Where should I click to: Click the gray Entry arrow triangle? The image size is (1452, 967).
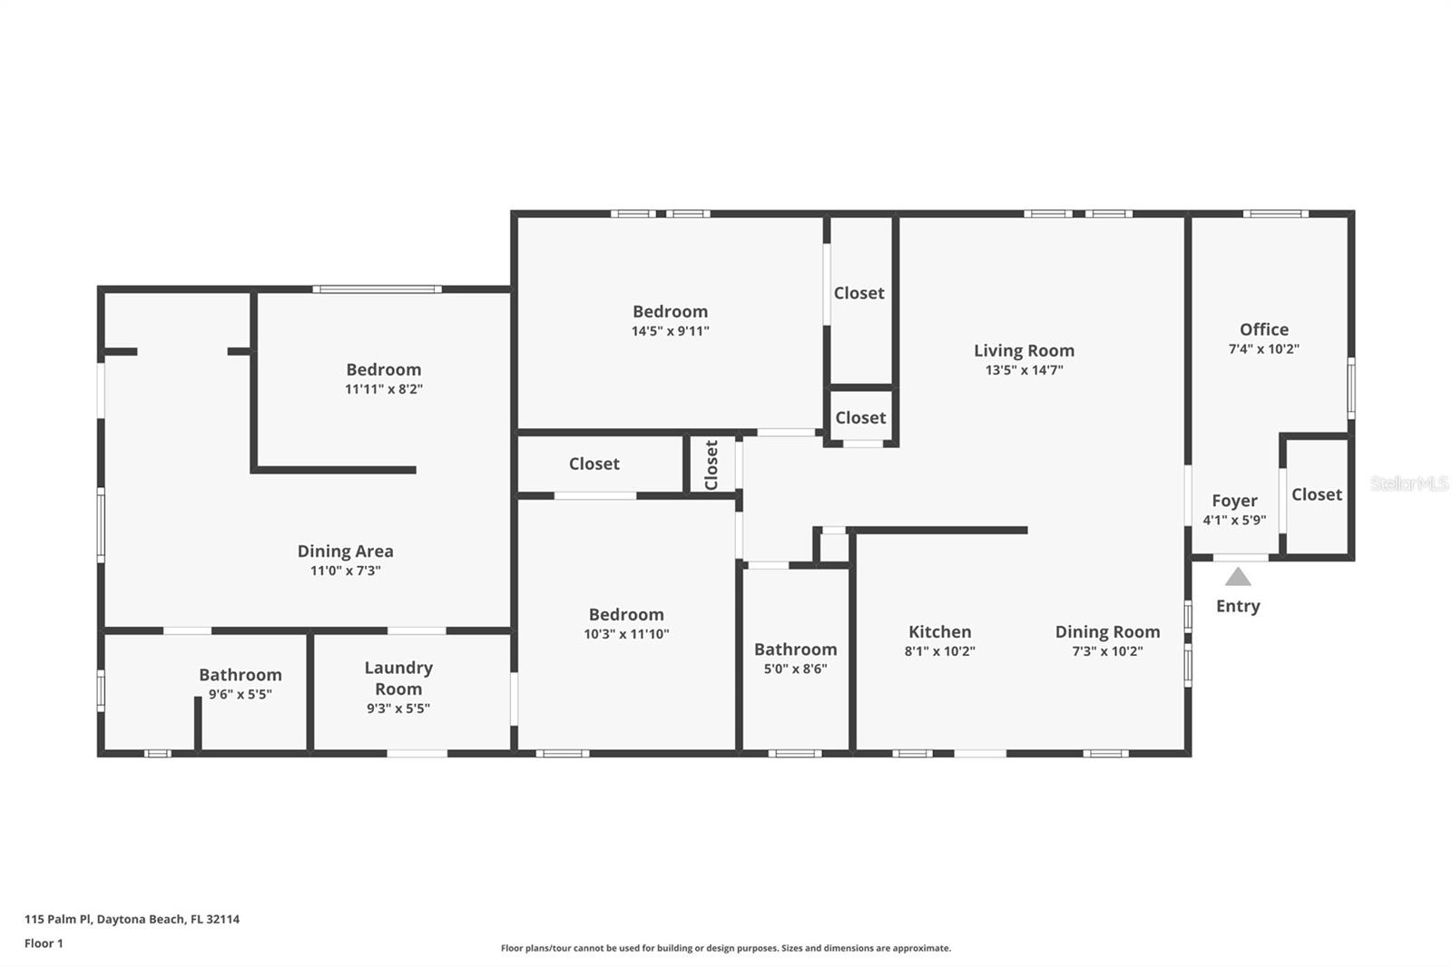[x=1238, y=577]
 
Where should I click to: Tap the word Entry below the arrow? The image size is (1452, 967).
[x=1238, y=606]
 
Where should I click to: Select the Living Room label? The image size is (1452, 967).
[x=1025, y=351]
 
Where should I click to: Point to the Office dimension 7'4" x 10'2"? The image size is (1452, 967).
[x=1264, y=348]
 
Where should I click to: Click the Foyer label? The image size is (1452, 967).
[x=1234, y=501]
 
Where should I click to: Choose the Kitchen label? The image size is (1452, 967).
[x=940, y=632]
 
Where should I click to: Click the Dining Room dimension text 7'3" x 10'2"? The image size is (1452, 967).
[x=1107, y=650]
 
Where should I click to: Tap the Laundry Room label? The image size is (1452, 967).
[x=398, y=678]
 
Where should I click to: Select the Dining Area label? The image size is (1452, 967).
[x=346, y=551]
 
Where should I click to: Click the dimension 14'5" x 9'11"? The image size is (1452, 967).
[x=671, y=331]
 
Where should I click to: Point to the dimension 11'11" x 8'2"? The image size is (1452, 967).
[x=384, y=389]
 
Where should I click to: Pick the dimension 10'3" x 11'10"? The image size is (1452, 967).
[x=626, y=634]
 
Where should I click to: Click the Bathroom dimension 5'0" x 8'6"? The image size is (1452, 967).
[x=795, y=669]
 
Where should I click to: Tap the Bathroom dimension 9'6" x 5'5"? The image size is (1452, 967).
[x=240, y=693]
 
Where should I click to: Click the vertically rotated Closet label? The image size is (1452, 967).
[x=711, y=464]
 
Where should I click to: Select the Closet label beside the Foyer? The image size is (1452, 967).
[x=1317, y=494]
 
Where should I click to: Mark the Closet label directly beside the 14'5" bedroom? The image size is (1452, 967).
[x=858, y=293]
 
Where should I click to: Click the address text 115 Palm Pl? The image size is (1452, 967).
[x=58, y=919]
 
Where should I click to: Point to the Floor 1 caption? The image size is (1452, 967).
[x=44, y=943]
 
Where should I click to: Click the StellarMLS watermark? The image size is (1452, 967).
[x=1409, y=483]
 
